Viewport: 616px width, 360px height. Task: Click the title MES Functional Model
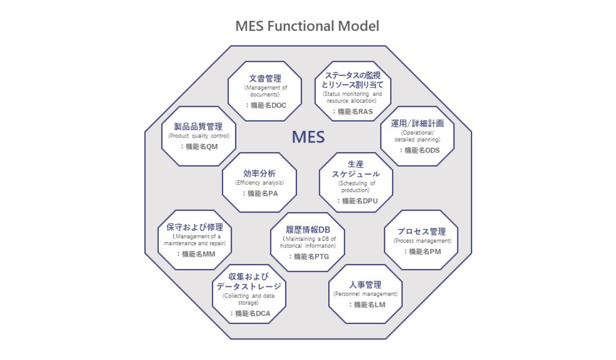[x=307, y=26]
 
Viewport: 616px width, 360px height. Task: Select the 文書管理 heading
[x=265, y=78]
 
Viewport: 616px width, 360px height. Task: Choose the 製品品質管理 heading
[x=198, y=126]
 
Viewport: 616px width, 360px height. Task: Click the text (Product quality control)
[x=199, y=135]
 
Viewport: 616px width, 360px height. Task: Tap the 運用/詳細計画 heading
[x=417, y=123]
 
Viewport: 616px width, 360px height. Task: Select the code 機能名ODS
[x=419, y=149]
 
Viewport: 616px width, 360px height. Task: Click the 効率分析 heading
[x=259, y=173]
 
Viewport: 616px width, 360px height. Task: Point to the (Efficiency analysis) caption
[x=259, y=182]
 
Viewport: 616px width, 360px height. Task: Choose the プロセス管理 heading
[x=421, y=231]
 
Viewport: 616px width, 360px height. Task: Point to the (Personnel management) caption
[x=365, y=294]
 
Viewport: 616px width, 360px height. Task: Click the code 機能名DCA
[x=250, y=313]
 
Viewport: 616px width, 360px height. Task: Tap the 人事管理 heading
[x=365, y=285]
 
